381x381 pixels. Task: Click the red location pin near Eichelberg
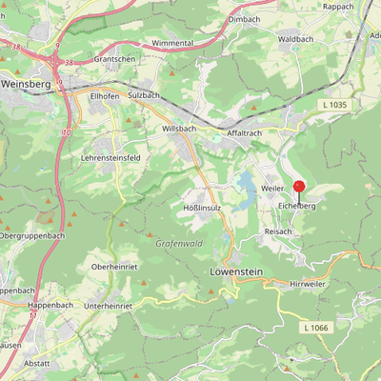coord(298,188)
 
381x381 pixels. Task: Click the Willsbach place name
coord(179,127)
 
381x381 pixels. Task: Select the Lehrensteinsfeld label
coord(110,156)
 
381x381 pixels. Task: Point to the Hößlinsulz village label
coord(201,206)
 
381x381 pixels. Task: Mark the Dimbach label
coord(245,18)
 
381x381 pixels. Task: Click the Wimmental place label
coord(173,44)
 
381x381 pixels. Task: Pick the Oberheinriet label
coord(115,267)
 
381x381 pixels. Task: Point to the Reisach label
coord(278,231)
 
